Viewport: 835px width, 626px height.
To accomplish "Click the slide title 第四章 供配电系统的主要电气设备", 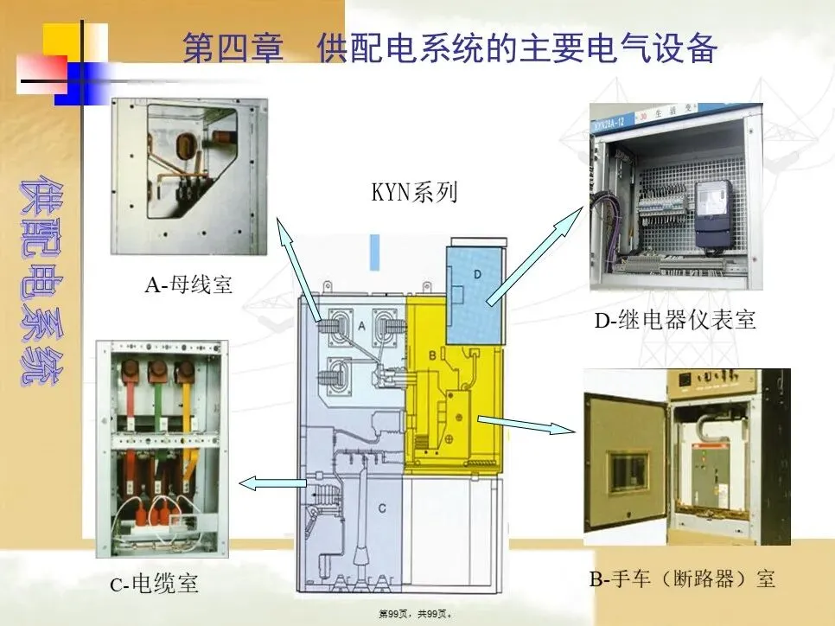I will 449,48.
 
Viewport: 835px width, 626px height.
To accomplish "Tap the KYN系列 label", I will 414,192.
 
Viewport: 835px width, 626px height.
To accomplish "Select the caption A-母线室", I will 188,284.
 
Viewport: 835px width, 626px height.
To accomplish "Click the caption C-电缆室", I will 154,584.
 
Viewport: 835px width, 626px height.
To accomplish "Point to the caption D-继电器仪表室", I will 674,321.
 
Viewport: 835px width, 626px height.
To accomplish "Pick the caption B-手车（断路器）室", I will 682,578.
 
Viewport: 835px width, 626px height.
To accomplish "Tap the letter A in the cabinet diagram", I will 360,325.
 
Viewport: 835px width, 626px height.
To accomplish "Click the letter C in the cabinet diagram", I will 381,508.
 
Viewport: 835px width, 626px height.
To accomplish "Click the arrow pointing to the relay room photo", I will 536,257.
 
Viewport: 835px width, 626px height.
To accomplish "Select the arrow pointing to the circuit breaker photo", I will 526,424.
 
